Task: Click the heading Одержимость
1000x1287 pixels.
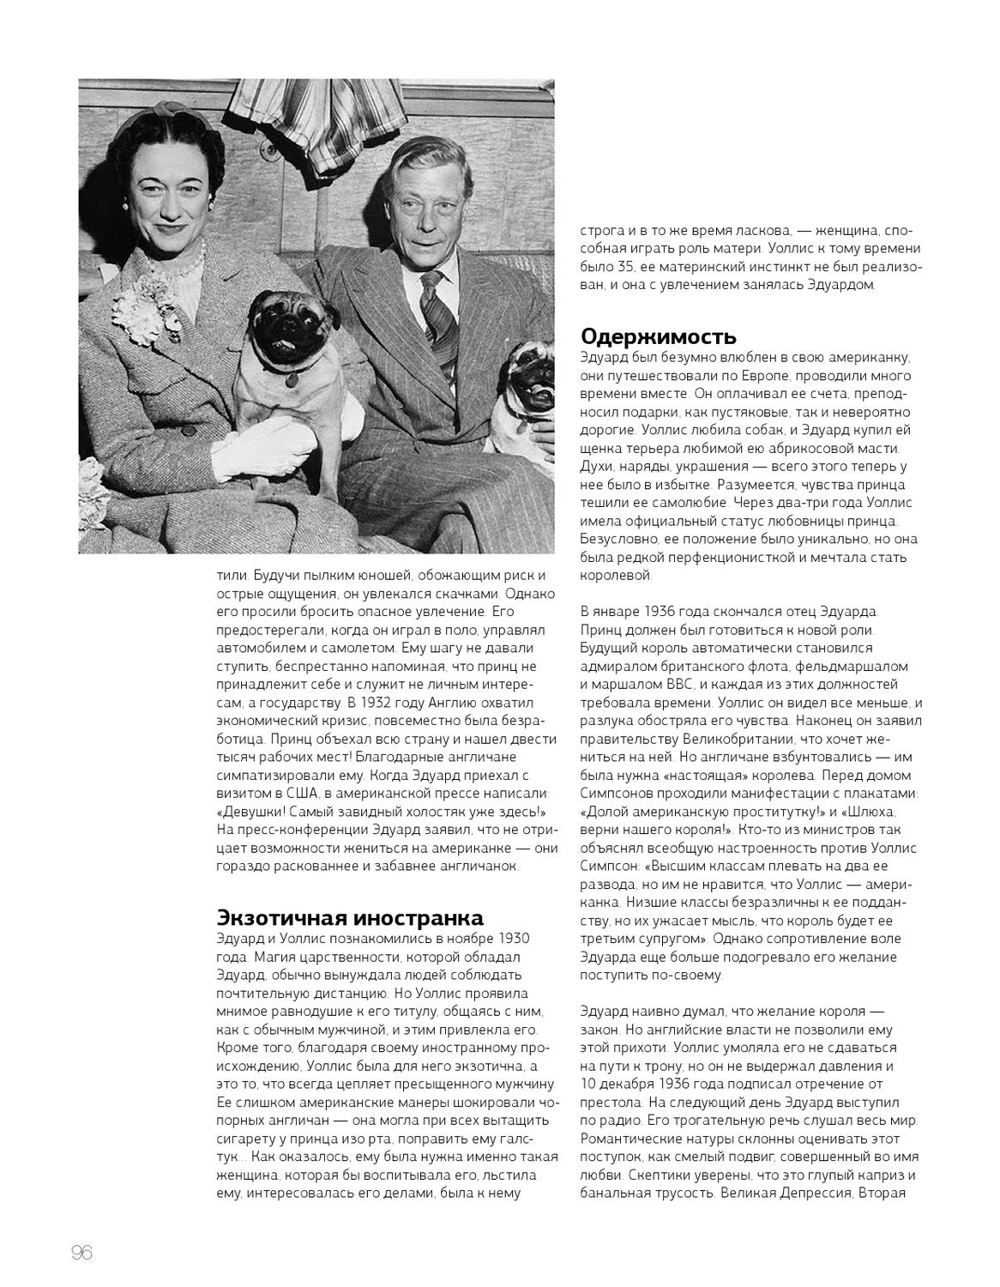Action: click(659, 335)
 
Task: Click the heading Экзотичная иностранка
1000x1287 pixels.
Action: click(349, 917)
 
